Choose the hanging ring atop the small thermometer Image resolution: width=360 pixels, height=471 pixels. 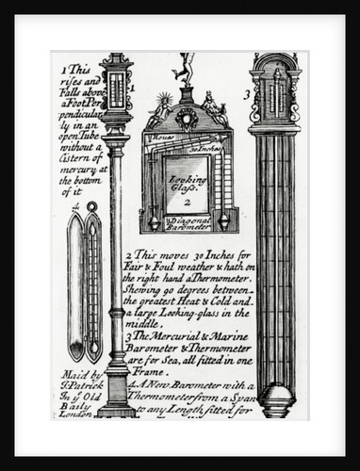[90, 206]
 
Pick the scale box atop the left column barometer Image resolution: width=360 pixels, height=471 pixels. [115, 89]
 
